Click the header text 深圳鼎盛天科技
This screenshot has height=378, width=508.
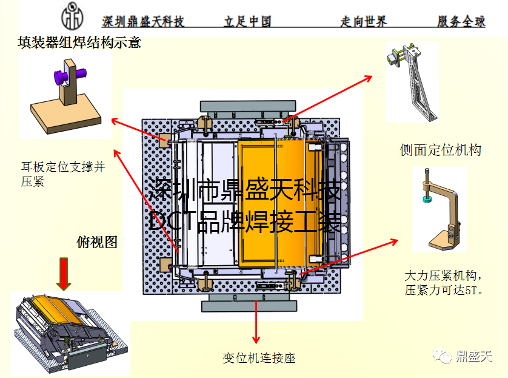143,22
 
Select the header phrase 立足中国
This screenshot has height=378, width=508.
247,22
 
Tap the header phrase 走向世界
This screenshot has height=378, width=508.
363,22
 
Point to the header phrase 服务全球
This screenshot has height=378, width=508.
461,22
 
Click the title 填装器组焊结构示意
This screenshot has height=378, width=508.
80,43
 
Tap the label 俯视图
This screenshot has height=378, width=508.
97,242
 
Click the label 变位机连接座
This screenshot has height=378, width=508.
259,359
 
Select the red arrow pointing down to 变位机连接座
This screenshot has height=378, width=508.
256,322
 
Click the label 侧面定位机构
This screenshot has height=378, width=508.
440,150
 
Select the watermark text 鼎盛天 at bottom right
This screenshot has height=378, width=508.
474,357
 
